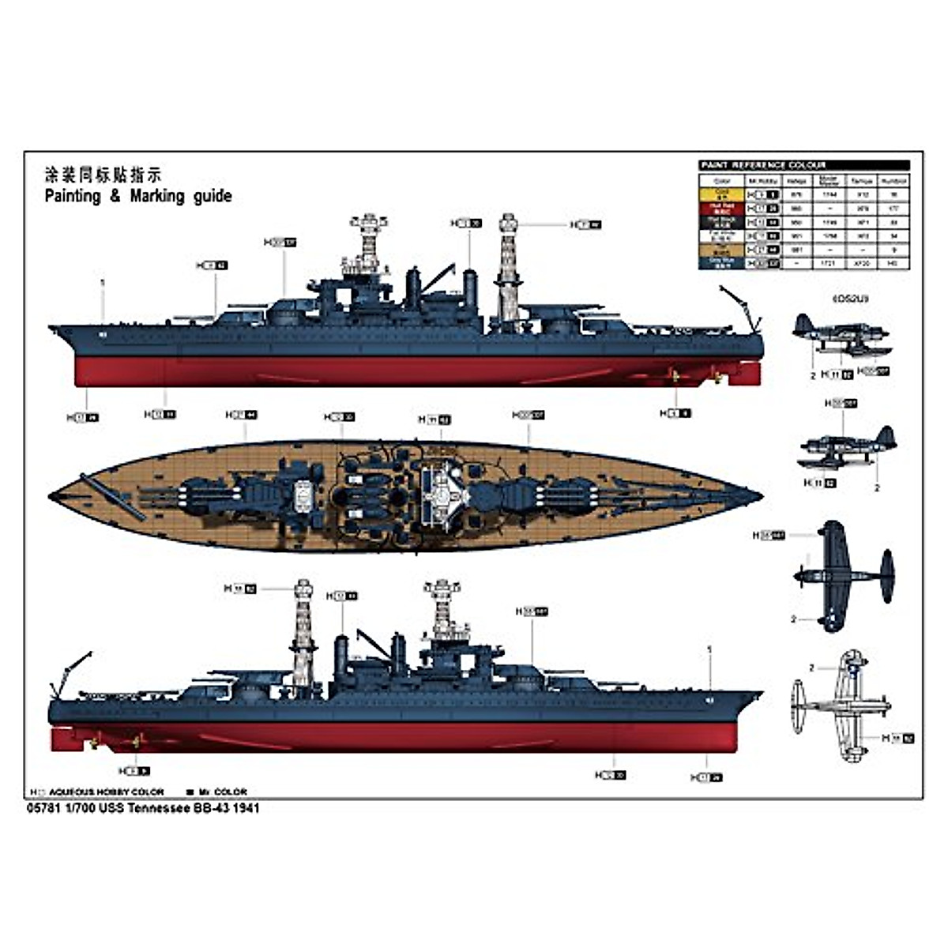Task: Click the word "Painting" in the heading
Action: pos(73,196)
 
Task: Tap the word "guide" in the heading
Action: pos(207,196)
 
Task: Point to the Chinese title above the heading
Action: pos(103,175)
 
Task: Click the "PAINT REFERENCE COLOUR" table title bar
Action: pos(804,165)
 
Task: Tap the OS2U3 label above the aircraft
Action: pos(849,299)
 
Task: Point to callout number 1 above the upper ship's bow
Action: pos(103,282)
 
